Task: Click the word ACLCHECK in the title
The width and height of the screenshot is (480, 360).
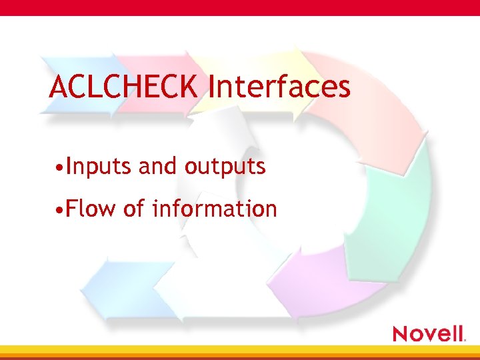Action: (124, 87)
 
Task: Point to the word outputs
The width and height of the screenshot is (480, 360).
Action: (225, 167)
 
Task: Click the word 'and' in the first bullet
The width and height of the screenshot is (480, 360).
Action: (159, 166)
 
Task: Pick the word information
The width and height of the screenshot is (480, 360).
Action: (214, 209)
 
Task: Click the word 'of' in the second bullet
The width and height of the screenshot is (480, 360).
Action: (134, 209)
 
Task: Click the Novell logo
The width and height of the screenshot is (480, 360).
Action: (429, 333)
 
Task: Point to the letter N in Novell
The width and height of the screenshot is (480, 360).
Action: (400, 333)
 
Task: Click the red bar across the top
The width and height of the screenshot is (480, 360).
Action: (240, 7)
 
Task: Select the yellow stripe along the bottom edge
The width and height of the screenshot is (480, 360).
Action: (240, 350)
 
